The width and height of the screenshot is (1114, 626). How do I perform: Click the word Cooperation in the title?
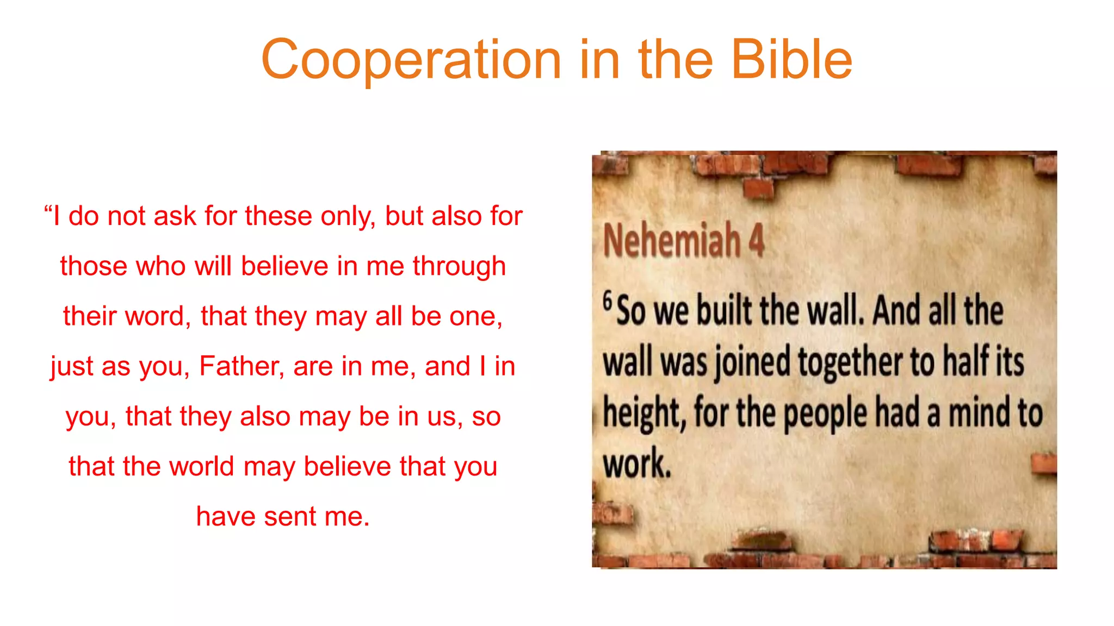[x=411, y=60]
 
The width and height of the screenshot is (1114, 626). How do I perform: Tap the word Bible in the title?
[x=792, y=60]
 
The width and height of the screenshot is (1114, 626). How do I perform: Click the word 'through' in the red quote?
[x=459, y=266]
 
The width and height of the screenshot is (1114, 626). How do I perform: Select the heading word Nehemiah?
[x=672, y=240]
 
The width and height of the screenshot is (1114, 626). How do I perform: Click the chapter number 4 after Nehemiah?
[x=757, y=240]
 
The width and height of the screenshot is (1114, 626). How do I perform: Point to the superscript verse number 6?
[x=608, y=301]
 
